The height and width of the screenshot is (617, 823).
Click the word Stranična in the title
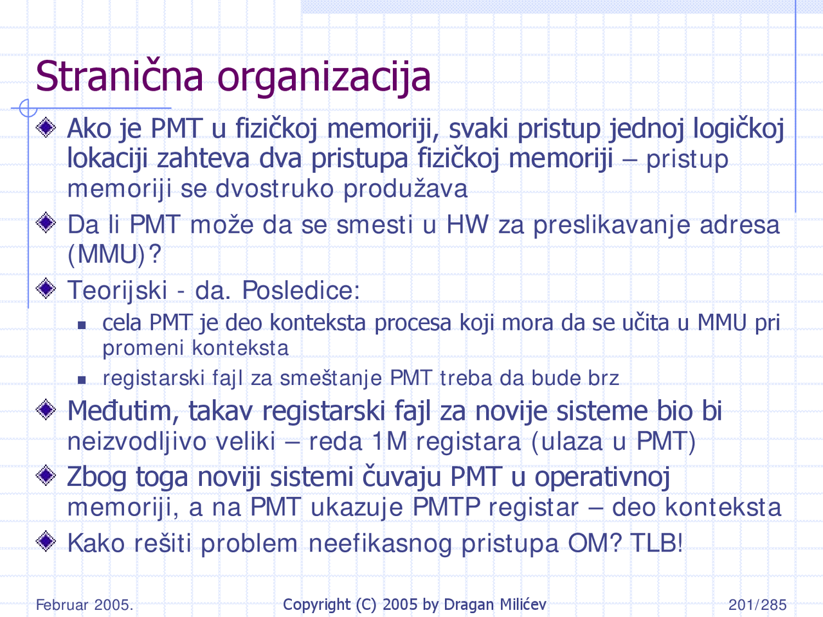click(120, 76)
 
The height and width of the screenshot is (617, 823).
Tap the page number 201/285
click(757, 605)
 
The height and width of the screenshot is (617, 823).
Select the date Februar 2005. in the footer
click(84, 605)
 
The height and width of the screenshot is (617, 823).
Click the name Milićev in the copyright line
click(521, 605)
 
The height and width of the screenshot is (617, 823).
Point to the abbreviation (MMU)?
click(114, 255)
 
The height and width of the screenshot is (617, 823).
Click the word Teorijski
click(117, 291)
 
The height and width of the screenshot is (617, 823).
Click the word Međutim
click(119, 411)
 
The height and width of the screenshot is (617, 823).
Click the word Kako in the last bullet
click(96, 544)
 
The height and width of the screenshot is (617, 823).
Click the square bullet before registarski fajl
click(82, 380)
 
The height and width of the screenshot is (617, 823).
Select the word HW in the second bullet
click(467, 225)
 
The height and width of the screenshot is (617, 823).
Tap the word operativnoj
click(602, 478)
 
